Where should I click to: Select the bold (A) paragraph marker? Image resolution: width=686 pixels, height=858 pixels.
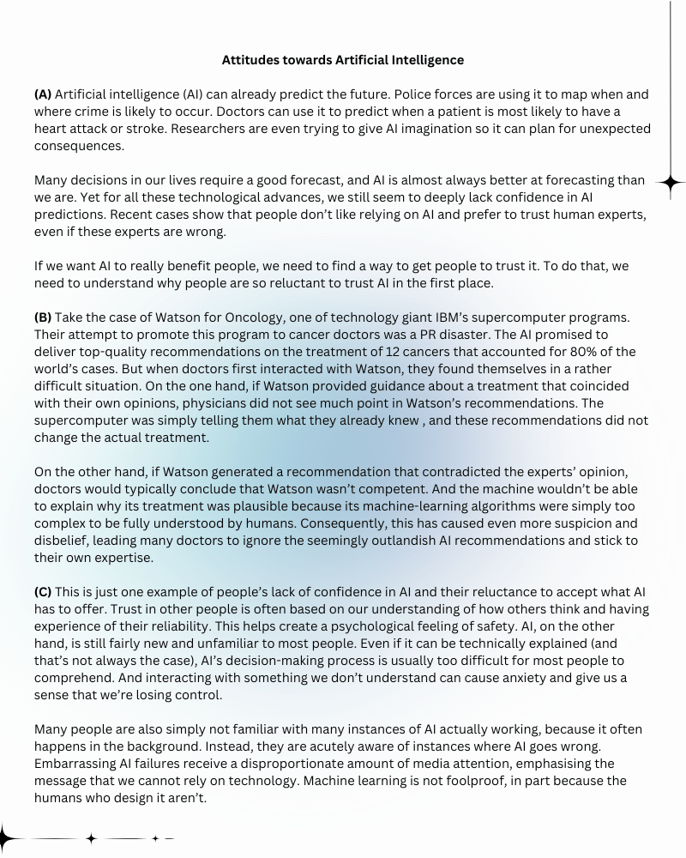43,94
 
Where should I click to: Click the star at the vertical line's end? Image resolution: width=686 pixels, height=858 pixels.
671,182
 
